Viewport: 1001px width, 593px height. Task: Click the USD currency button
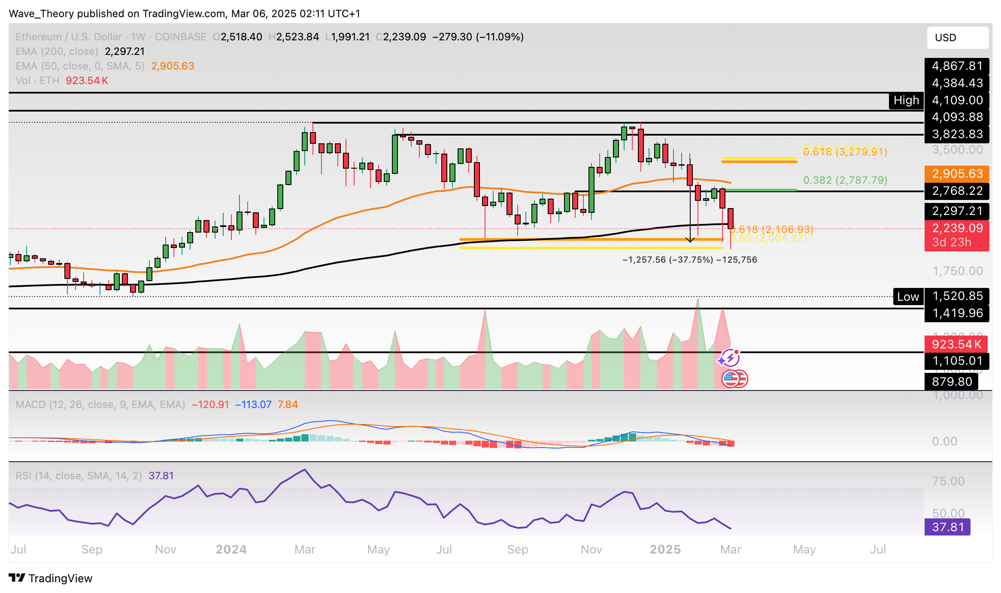(957, 38)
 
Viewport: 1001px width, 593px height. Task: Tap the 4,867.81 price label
(957, 66)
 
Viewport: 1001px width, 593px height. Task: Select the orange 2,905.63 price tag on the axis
(957, 173)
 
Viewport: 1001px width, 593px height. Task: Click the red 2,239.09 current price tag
(957, 228)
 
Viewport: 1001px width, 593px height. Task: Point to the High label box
(906, 100)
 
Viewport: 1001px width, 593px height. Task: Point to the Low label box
(908, 297)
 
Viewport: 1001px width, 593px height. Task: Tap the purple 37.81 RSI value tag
(947, 527)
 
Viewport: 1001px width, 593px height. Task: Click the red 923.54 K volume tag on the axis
(956, 344)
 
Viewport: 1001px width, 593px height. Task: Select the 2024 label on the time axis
(231, 550)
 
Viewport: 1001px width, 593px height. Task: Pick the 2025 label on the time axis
(665, 550)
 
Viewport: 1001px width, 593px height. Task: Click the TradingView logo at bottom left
(51, 578)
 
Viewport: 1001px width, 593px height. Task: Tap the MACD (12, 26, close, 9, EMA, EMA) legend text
(100, 405)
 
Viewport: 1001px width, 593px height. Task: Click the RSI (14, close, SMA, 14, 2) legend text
(79, 476)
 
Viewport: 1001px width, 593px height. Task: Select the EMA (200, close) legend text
(57, 51)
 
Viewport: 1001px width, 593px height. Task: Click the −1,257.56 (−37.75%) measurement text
(667, 260)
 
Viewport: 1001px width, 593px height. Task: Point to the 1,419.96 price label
(957, 313)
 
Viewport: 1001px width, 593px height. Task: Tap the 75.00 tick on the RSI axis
(948, 481)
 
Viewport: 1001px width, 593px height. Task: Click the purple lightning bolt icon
(729, 357)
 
